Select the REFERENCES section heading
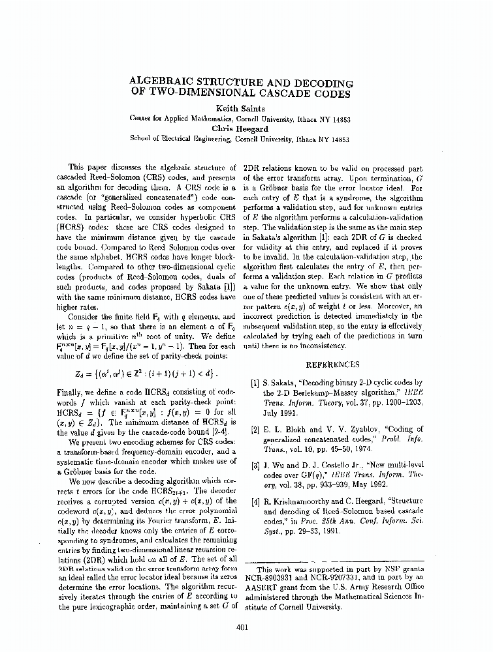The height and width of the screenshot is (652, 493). pyautogui.click(x=332, y=364)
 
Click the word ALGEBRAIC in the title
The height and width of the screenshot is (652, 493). pyautogui.click(x=167, y=83)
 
